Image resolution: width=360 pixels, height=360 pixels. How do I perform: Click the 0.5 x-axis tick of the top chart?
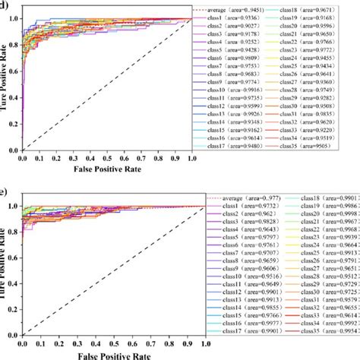(107, 158)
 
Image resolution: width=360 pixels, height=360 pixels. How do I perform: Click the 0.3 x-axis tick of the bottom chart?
(74, 342)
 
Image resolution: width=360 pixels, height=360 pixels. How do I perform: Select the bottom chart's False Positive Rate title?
(107, 354)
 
